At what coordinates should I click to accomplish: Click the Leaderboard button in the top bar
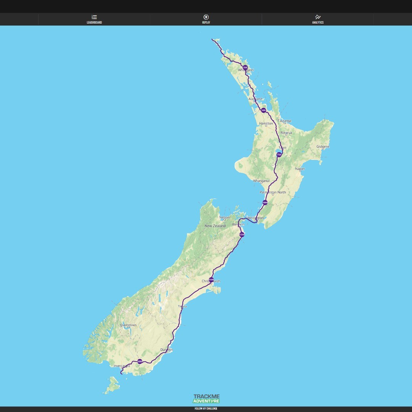94,19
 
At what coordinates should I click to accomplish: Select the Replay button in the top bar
206,19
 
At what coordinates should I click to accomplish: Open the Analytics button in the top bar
318,19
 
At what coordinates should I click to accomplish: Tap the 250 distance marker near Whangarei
245,68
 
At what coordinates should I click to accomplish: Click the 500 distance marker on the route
263,110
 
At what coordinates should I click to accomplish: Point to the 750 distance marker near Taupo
279,154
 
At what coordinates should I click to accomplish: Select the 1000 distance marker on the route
265,203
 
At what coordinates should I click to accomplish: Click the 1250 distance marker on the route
241,235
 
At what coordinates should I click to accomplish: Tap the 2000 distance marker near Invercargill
140,361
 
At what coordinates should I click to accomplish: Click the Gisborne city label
323,146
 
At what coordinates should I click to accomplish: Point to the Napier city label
300,169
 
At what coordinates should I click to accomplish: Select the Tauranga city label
284,121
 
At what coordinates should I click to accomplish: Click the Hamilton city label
266,124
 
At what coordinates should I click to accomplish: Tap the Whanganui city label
261,181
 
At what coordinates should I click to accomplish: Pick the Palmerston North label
273,192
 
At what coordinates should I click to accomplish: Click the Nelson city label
224,218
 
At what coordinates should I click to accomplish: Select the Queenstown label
128,325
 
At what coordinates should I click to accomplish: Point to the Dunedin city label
166,350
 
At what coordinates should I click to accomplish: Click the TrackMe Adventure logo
206,399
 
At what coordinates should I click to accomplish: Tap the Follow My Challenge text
206,409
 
